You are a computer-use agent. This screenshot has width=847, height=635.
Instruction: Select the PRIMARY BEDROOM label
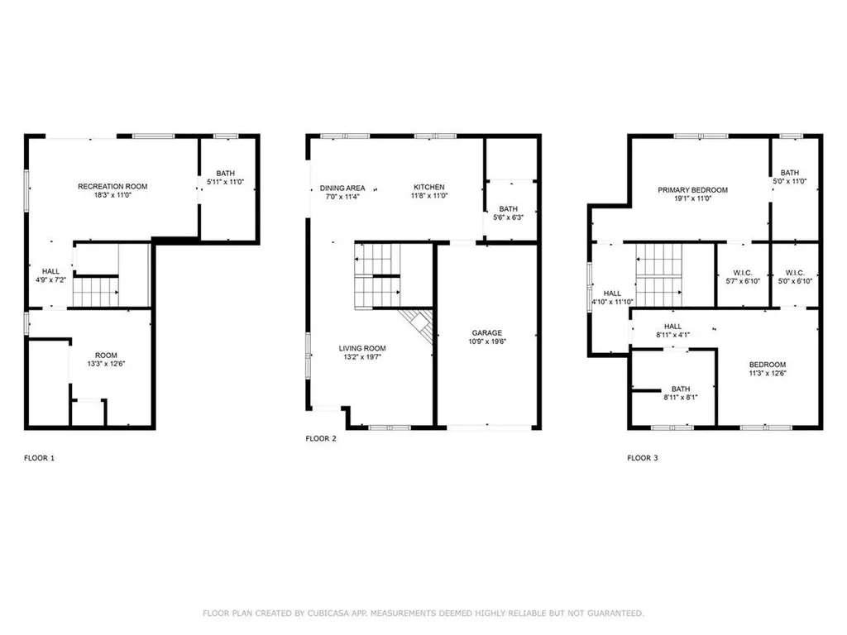[692, 190]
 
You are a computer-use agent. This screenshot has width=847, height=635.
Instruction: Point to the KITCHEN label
[428, 188]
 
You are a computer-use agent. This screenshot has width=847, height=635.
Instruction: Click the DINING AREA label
[342, 188]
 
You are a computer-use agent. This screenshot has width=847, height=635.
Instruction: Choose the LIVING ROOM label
[362, 348]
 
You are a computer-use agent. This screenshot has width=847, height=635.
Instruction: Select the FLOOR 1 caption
[39, 457]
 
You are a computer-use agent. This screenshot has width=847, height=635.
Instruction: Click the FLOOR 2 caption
[321, 439]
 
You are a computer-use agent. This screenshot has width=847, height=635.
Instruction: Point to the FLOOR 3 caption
[643, 457]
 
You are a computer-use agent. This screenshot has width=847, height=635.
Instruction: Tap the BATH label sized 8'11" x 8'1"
[681, 389]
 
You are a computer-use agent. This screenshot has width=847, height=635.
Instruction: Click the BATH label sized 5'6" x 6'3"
[508, 209]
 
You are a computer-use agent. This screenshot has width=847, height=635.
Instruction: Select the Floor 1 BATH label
[225, 173]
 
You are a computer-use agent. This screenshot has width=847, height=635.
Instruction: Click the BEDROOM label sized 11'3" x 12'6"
[767, 365]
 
